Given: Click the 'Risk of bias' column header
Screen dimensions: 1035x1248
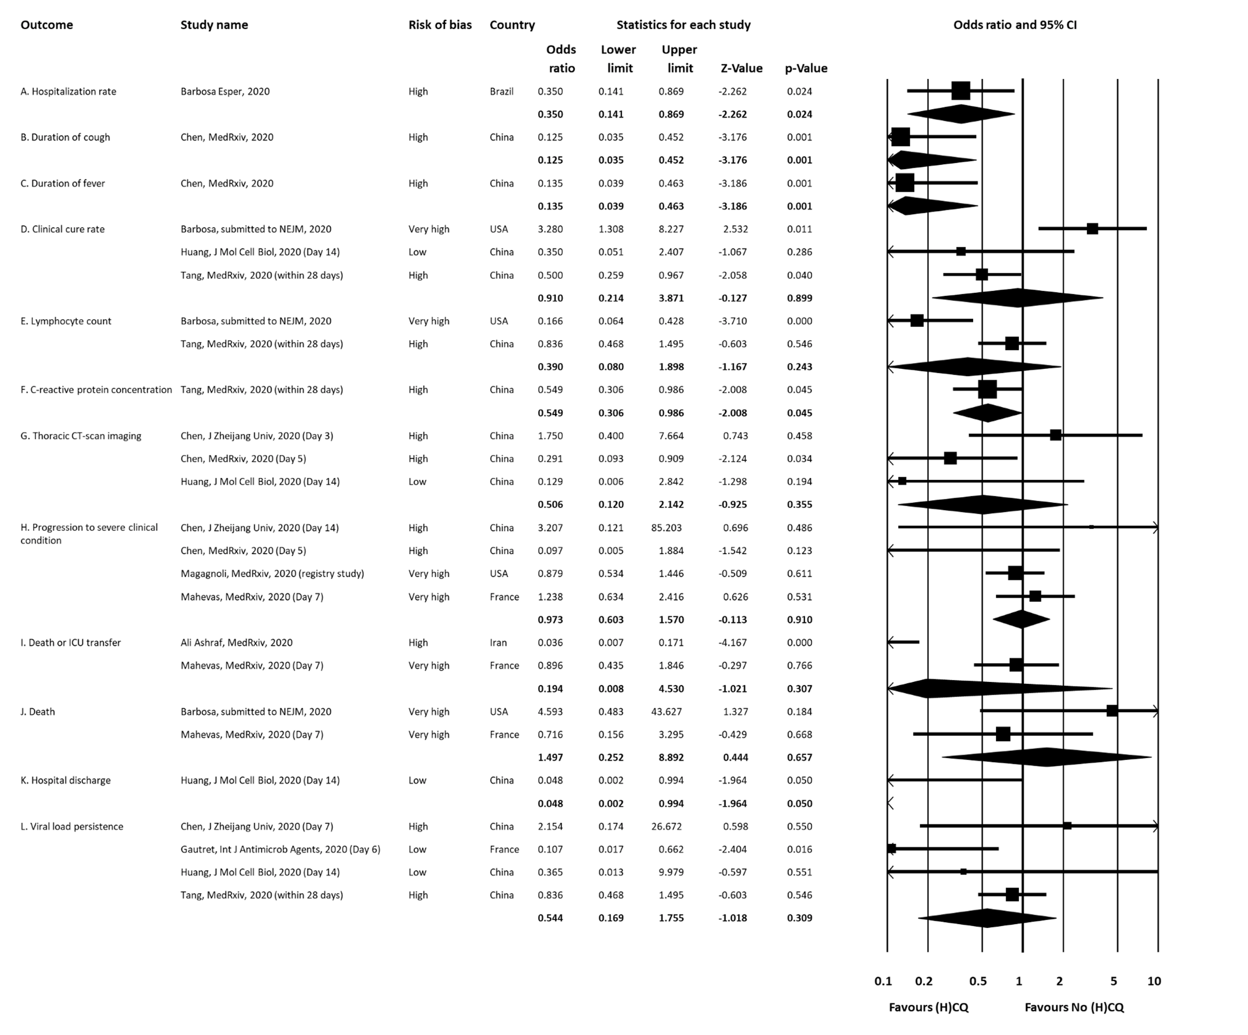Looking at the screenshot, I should (x=440, y=25).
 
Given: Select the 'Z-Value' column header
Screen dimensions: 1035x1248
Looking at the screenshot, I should (x=741, y=68).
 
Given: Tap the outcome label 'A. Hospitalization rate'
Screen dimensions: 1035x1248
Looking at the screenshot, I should (x=68, y=91).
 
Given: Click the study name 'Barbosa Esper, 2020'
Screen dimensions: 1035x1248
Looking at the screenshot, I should (x=225, y=91).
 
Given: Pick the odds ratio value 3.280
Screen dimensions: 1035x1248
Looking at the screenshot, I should (x=550, y=229).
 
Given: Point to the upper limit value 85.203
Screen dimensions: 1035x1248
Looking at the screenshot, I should (x=666, y=527).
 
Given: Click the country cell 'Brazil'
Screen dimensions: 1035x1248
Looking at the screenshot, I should (x=501, y=91).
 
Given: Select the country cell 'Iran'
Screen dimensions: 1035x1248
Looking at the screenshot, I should (x=498, y=643).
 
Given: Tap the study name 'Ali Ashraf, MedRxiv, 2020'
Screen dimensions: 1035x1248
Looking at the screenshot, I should (x=236, y=643).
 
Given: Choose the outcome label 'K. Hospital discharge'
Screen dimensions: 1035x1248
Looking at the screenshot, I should (x=66, y=781).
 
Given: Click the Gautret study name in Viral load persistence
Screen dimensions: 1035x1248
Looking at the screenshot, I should (x=280, y=850).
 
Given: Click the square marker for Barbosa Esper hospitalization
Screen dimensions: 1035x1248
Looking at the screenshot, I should (x=960, y=91).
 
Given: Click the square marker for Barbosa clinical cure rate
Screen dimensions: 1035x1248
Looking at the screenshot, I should (x=1092, y=229).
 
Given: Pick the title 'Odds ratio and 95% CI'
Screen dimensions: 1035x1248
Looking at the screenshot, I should (x=1014, y=25).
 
